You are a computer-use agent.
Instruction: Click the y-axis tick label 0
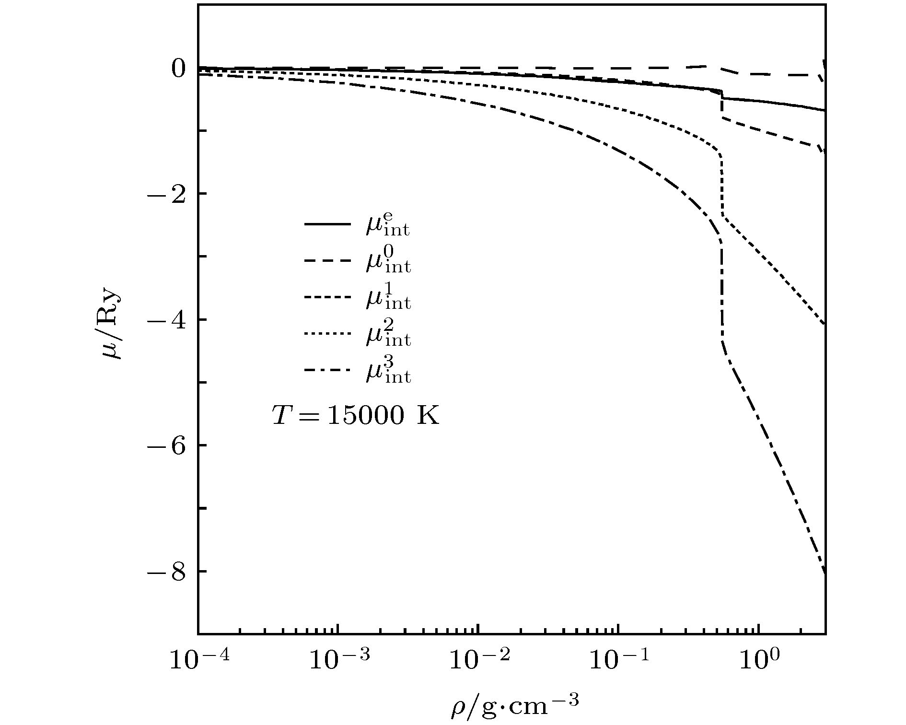point(178,69)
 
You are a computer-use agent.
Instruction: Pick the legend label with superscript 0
point(388,262)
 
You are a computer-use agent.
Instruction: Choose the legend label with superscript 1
point(388,298)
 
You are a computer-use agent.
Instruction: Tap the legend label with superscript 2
point(388,335)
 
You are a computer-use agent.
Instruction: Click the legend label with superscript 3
point(388,372)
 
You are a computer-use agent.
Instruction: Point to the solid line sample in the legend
point(328,224)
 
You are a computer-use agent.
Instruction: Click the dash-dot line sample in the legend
point(328,371)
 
